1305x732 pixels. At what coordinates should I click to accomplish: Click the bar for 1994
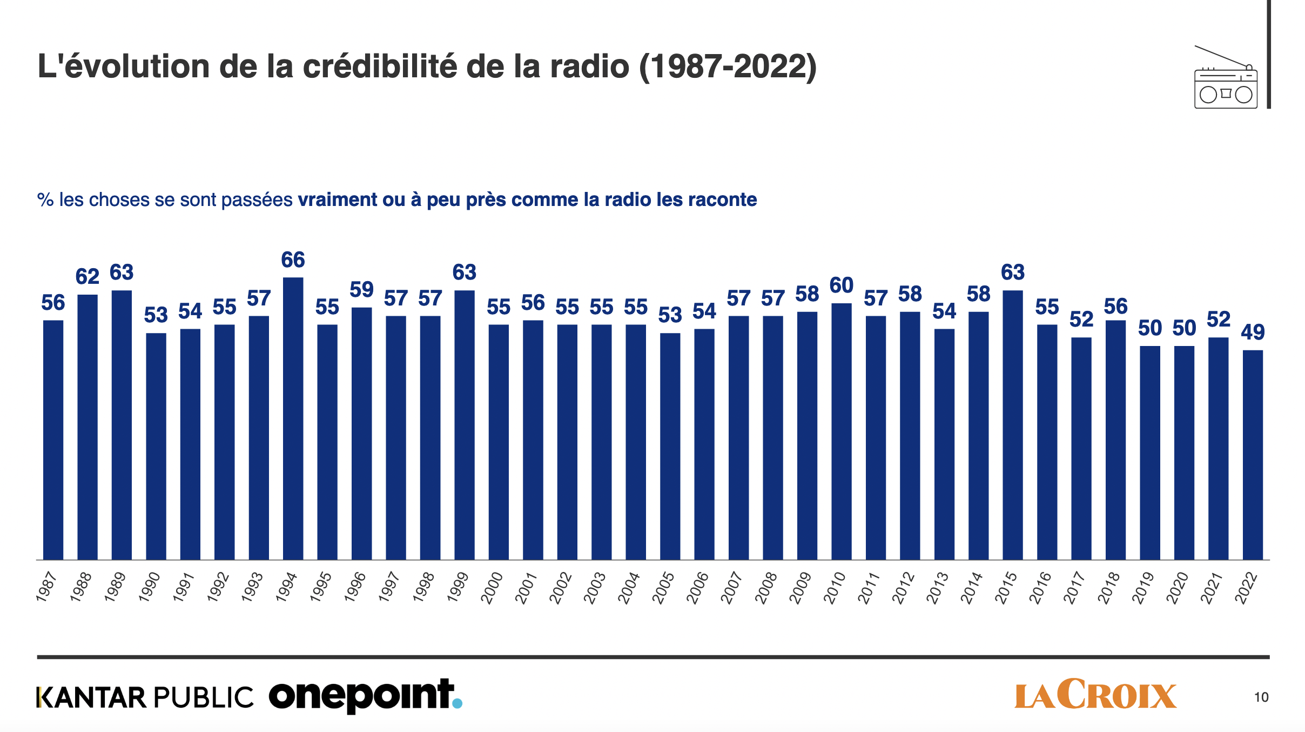click(293, 418)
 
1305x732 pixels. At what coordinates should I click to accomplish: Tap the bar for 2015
click(1013, 425)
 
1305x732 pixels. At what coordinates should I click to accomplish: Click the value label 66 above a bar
click(293, 260)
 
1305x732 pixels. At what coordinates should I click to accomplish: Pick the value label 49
click(1253, 332)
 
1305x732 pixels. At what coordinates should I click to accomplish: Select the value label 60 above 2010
click(841, 285)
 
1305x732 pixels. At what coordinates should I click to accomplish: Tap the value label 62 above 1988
click(87, 277)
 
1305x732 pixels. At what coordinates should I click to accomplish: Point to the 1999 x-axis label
click(458, 588)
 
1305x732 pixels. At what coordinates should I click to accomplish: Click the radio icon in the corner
click(1226, 79)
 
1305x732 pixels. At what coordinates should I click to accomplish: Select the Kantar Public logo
click(145, 697)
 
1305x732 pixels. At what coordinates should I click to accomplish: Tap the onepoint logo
click(365, 696)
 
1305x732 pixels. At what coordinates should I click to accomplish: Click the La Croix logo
click(1095, 694)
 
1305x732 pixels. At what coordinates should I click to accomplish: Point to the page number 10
click(1261, 697)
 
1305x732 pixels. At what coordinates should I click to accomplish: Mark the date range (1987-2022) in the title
click(728, 66)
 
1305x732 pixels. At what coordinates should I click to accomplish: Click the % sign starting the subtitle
click(45, 200)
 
